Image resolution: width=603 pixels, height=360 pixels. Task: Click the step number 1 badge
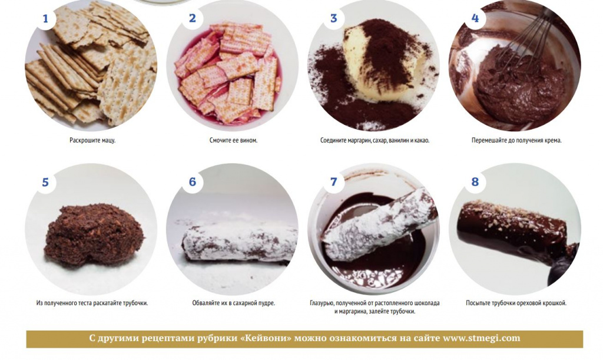pos(45,18)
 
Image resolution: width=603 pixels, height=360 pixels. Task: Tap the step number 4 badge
pos(475,18)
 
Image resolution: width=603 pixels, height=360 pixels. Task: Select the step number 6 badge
pos(193,181)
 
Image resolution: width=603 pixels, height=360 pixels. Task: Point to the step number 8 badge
pos(475,181)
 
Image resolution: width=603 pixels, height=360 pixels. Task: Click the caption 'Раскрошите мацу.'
pos(92,140)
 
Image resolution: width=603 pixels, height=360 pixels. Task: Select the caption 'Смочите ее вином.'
pos(233,140)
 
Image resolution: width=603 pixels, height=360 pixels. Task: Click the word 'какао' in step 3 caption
pos(422,140)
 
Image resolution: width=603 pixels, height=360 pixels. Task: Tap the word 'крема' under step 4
pos(553,140)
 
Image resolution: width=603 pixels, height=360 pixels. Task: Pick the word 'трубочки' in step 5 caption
pos(135,303)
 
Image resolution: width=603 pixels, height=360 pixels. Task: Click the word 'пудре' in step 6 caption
pos(267,303)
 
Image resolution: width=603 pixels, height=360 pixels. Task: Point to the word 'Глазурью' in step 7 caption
pos(322,303)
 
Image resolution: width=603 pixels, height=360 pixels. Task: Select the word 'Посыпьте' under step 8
pos(478,303)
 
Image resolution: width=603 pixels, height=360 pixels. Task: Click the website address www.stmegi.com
pos(482,338)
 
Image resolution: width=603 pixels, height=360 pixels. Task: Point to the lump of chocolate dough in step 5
pos(94,236)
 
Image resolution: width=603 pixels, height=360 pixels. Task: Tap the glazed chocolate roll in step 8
pos(515,229)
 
